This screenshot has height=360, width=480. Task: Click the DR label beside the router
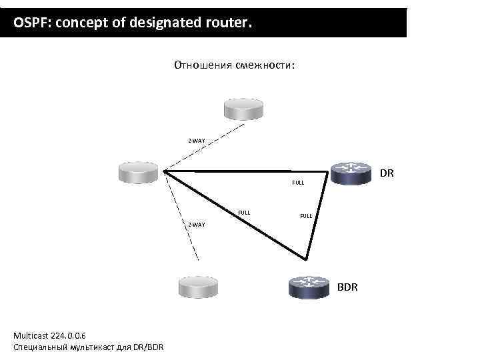pyautogui.click(x=387, y=173)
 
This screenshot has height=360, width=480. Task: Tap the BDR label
pyautogui.click(x=347, y=287)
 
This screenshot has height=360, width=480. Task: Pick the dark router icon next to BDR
pyautogui.click(x=310, y=287)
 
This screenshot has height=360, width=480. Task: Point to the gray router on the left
pyautogui.click(x=138, y=171)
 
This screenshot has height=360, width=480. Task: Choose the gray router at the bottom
pyautogui.click(x=199, y=287)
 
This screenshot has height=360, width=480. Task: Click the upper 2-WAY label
pyautogui.click(x=196, y=141)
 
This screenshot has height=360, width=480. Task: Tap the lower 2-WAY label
pyautogui.click(x=196, y=224)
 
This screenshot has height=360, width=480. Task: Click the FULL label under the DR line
pyautogui.click(x=298, y=183)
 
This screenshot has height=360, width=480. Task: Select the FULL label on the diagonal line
pyautogui.click(x=244, y=213)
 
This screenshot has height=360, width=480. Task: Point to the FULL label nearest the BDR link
pyautogui.click(x=306, y=216)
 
